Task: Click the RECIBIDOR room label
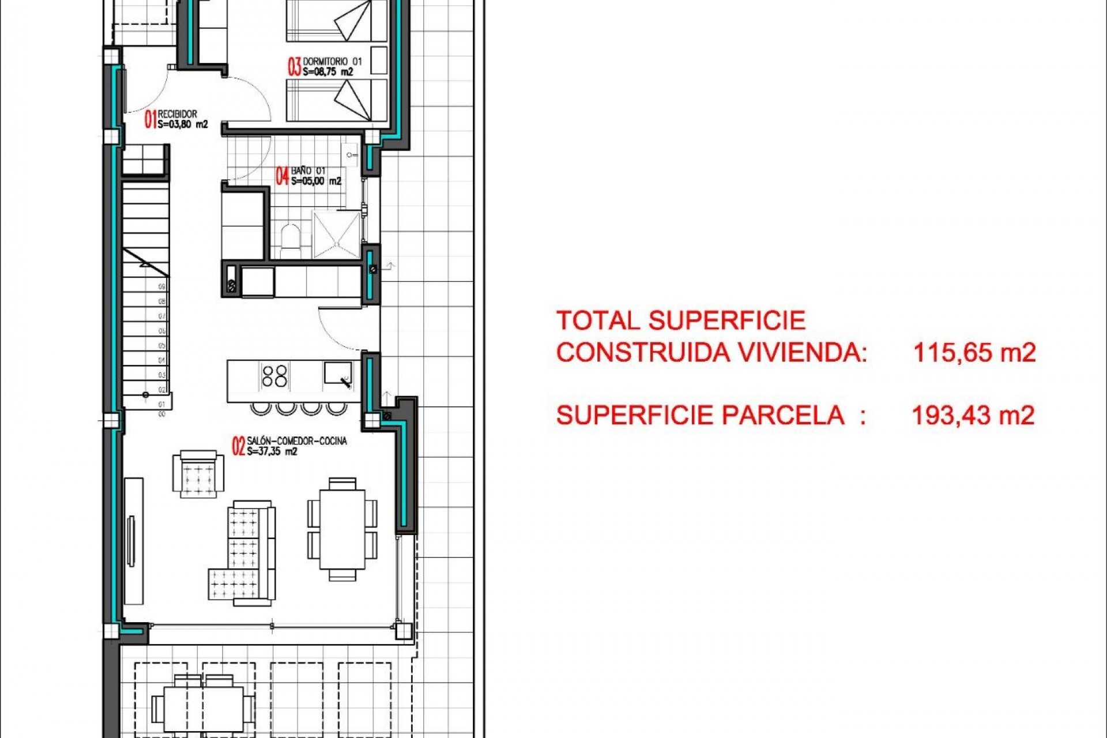[x=178, y=114]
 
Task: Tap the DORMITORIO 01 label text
[x=333, y=61]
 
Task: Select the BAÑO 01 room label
[x=308, y=171]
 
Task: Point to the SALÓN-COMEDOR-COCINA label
[x=297, y=441]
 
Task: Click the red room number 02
[x=238, y=446]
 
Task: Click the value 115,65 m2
[x=974, y=352]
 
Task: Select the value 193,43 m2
[x=973, y=415]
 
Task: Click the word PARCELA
[x=783, y=415]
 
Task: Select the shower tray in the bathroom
[x=336, y=234]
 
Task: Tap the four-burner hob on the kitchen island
[x=274, y=375]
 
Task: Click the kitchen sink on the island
[x=337, y=373]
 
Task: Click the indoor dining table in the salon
[x=342, y=529]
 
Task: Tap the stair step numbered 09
[x=162, y=287]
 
